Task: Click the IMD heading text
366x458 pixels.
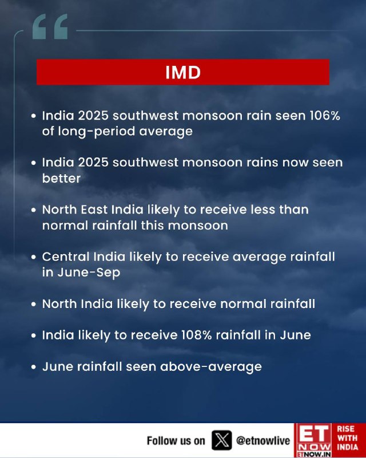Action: point(183,72)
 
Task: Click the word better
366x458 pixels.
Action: point(61,178)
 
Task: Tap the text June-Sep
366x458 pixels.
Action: point(89,273)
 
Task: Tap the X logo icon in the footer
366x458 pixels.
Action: point(221,440)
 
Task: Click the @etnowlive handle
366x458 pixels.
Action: point(263,440)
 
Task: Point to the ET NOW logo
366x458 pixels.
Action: point(313,440)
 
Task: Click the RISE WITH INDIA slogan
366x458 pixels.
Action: point(347,438)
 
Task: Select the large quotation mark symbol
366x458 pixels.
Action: point(50,26)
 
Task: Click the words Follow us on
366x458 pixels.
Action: point(176,440)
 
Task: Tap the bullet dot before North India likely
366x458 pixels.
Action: point(34,304)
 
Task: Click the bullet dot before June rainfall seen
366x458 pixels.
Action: point(34,367)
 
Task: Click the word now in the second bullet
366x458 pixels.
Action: point(295,163)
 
